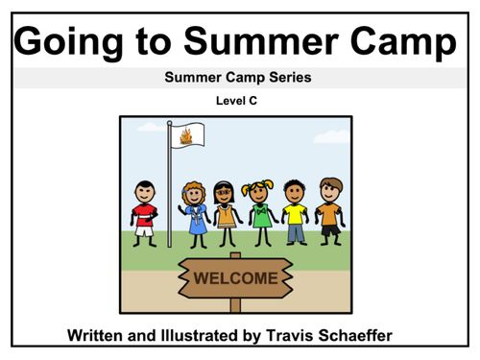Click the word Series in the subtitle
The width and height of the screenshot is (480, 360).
[292, 78]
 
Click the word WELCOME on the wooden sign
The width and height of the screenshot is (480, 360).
[236, 278]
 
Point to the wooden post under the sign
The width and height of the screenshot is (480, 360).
[235, 303]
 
